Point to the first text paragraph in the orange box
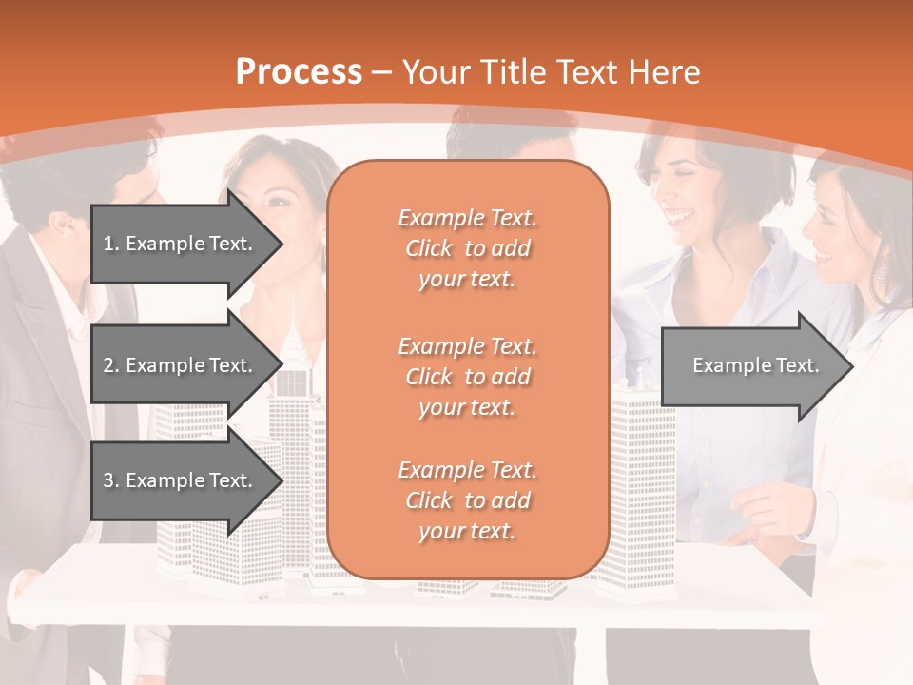pos(467,248)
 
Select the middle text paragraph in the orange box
pos(467,377)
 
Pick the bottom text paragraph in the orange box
pos(467,500)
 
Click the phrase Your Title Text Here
pos(552,73)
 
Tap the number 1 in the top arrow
pos(108,244)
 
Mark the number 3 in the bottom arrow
pos(108,480)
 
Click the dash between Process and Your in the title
pos(382,73)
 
